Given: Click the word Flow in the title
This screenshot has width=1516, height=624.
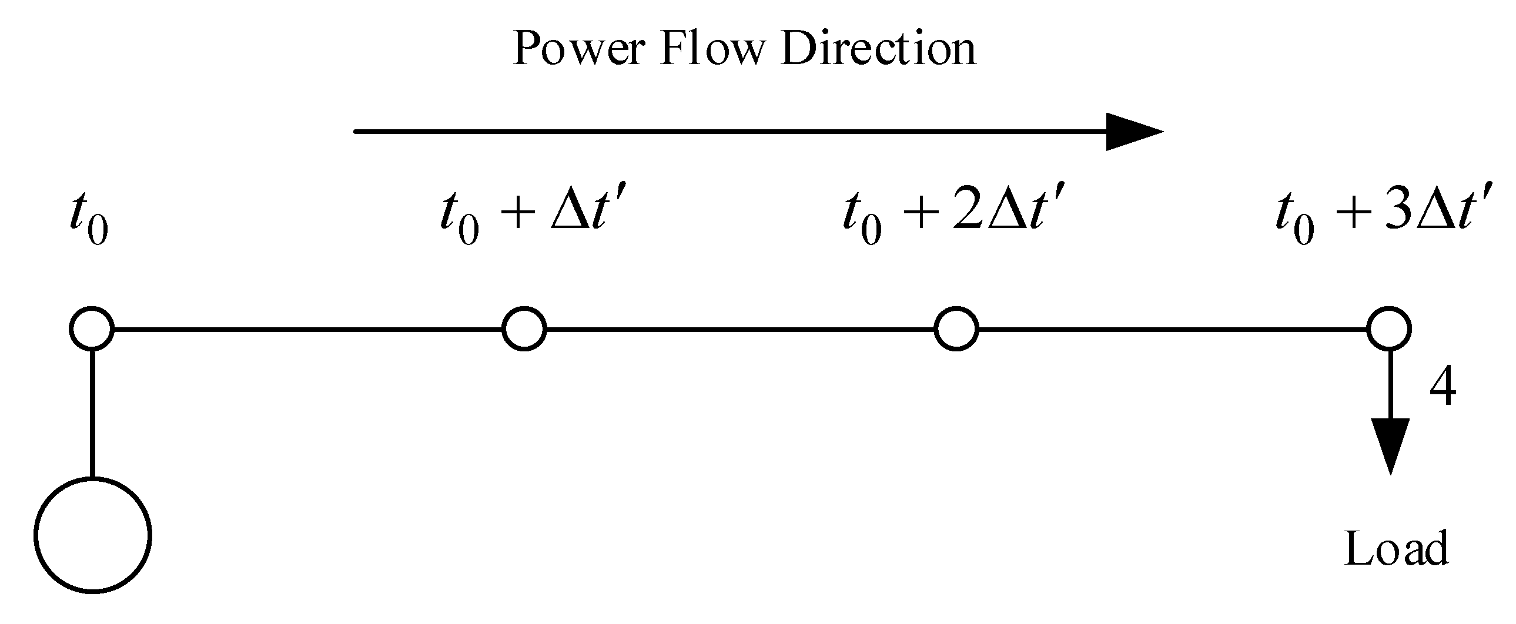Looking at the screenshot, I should point(711,48).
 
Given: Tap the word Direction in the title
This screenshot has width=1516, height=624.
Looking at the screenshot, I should point(878,48).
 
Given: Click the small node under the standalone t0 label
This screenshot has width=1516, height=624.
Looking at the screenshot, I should point(92,329).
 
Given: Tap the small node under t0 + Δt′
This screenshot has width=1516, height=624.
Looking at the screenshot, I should point(524,329).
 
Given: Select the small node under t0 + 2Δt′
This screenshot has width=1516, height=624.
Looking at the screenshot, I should point(956,329).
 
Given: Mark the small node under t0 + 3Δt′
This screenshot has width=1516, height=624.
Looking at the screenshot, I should point(1389,329).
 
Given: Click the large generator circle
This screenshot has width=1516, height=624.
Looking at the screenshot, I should point(92,535).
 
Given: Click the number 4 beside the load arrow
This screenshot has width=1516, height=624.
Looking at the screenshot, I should point(1443,387).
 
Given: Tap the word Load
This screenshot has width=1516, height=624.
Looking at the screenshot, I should point(1397,548).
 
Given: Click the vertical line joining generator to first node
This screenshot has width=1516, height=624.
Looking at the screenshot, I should point(92,412).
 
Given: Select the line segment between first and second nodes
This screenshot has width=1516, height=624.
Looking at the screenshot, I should point(306,329).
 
